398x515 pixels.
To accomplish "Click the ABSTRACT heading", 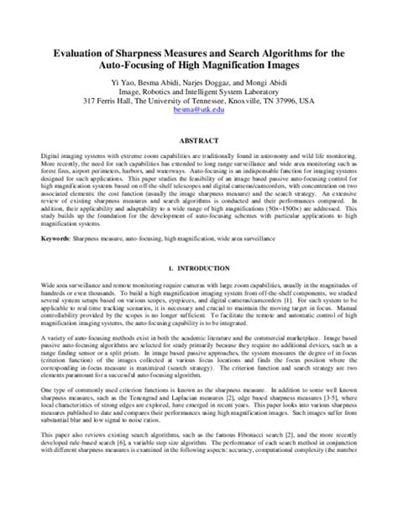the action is (198, 139).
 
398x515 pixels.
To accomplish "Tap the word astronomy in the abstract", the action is (272, 156).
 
